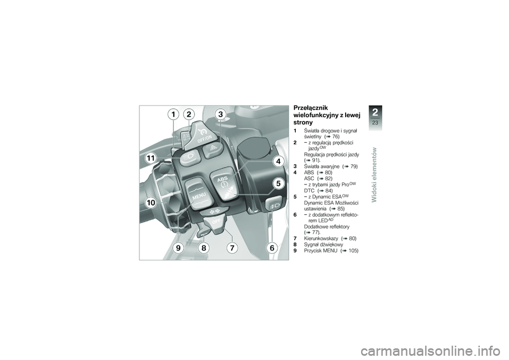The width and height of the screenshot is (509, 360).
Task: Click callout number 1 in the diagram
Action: pos(174,114)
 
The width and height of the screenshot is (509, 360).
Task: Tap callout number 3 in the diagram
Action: pos(219,114)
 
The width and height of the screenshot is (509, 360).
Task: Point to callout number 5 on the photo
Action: pos(276,183)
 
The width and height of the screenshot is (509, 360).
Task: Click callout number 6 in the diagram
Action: pos(271,248)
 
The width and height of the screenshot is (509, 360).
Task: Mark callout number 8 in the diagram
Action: pos(203,248)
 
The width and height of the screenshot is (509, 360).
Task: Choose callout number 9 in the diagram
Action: pos(177,248)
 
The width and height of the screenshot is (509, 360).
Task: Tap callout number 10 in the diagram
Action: pos(150,202)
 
